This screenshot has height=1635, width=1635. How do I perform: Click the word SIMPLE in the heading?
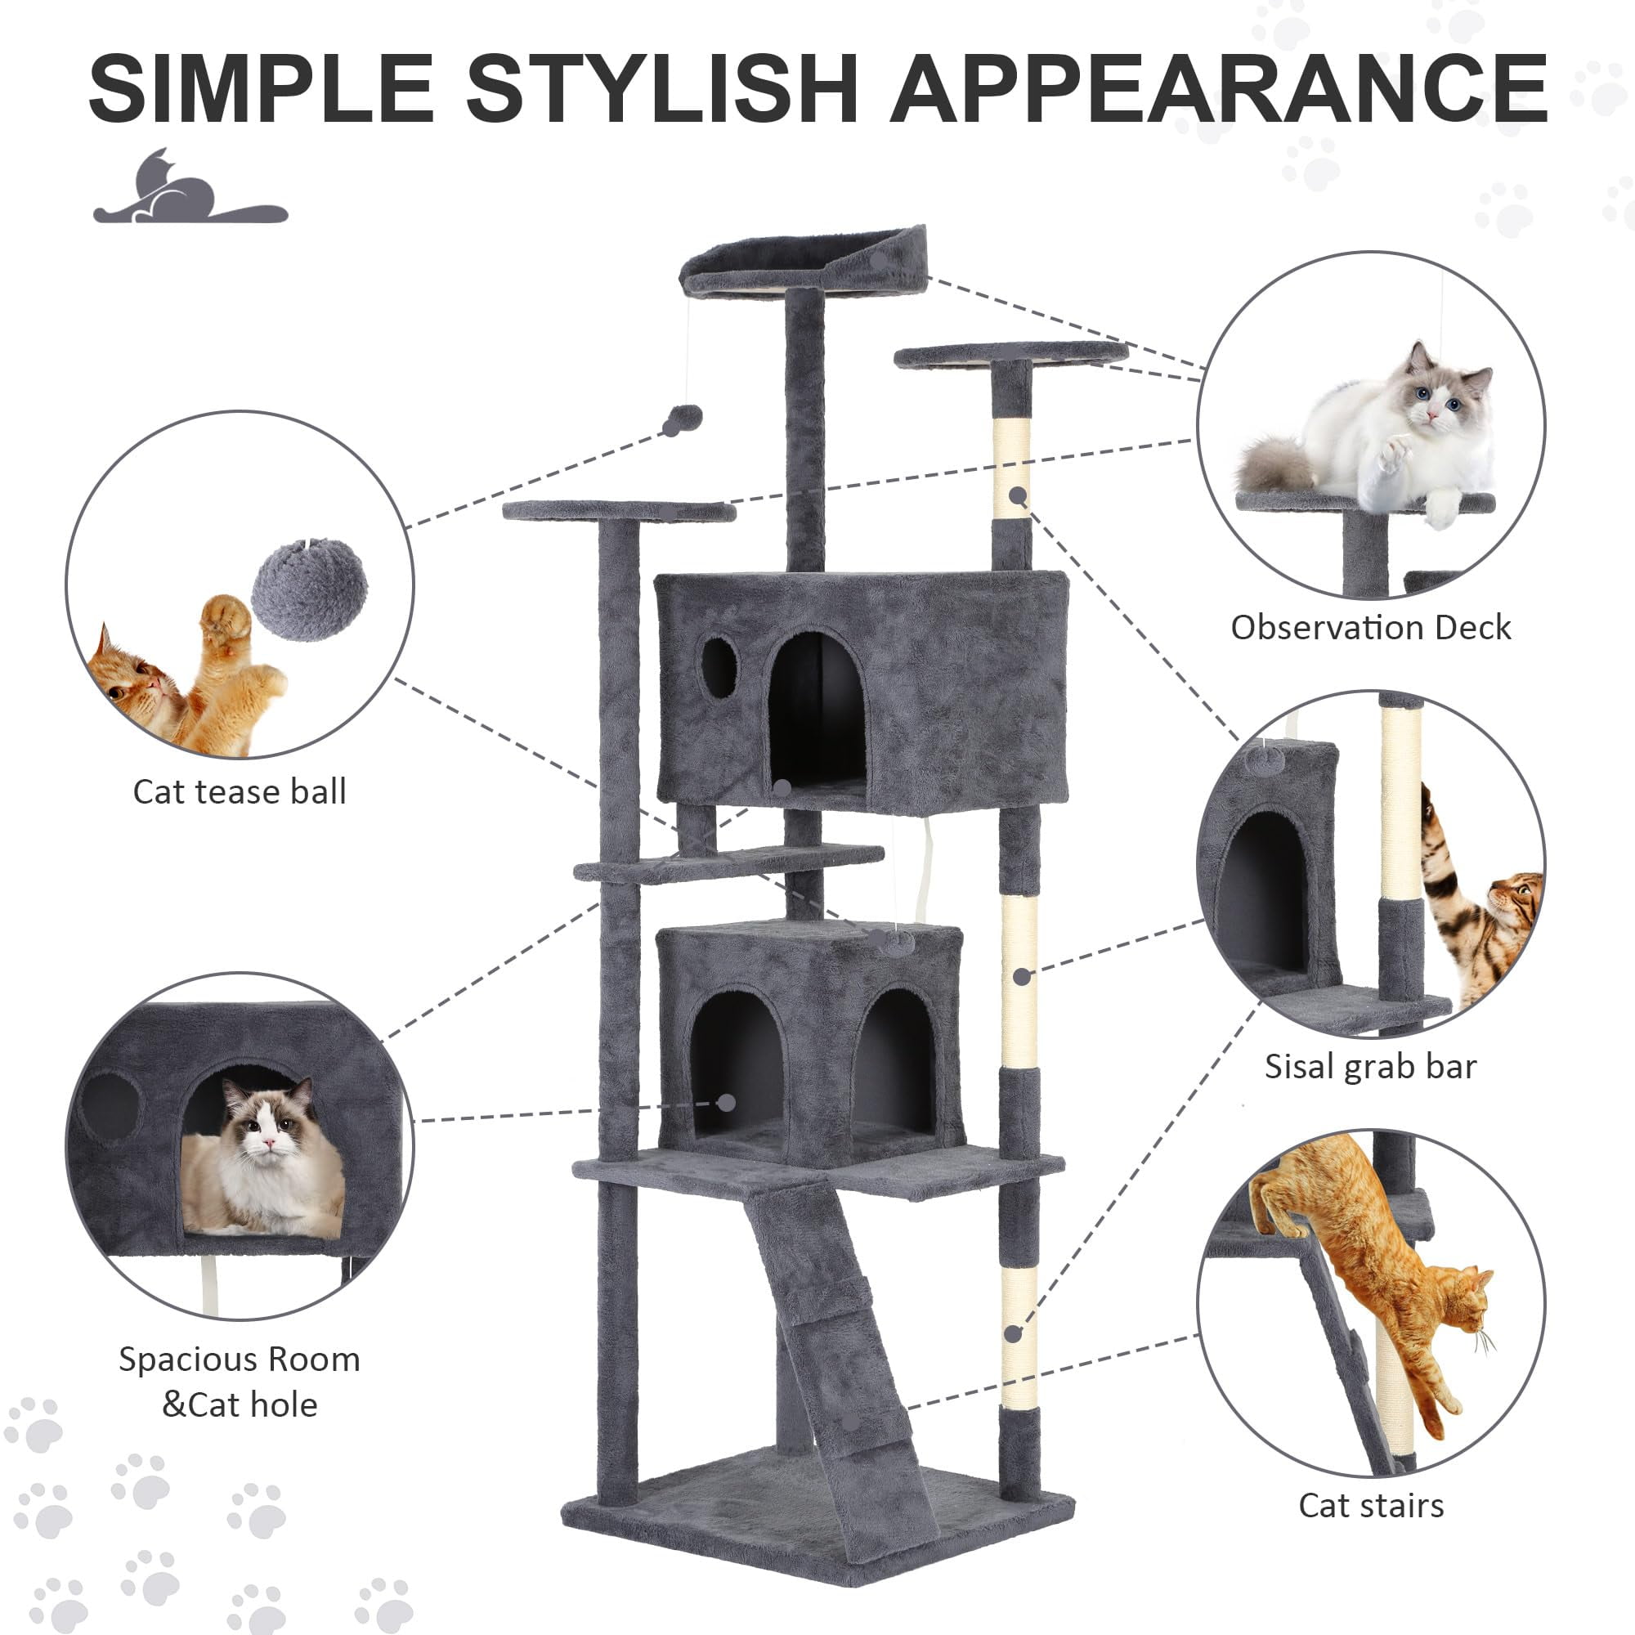point(262,88)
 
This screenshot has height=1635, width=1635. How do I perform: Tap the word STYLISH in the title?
point(663,88)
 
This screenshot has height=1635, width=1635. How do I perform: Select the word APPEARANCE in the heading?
point(1220,88)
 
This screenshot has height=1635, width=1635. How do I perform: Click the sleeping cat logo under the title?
point(190,187)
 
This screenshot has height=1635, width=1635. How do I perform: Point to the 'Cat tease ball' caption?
point(240,792)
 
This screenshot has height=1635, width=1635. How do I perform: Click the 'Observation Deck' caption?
point(1371,628)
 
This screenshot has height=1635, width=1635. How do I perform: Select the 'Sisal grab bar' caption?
point(1371,1067)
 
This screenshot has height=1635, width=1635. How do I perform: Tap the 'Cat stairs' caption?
point(1371,1506)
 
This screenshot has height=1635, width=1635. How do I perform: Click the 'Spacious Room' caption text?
point(240,1360)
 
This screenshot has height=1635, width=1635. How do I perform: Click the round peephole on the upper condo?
point(719,668)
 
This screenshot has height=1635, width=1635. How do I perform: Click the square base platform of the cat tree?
point(817,1515)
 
